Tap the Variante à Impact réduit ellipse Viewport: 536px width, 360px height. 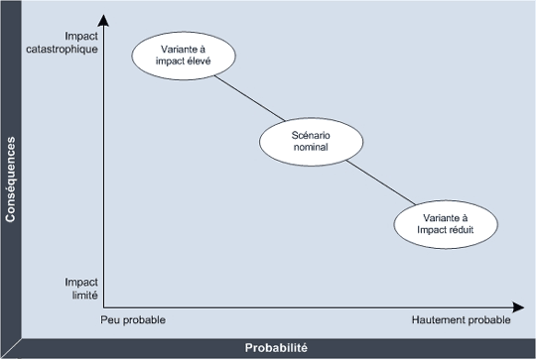444,223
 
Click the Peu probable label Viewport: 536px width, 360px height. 133,320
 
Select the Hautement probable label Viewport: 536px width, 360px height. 460,320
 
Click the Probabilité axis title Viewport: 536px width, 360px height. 276,348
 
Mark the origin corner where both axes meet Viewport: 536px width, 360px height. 103,305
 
